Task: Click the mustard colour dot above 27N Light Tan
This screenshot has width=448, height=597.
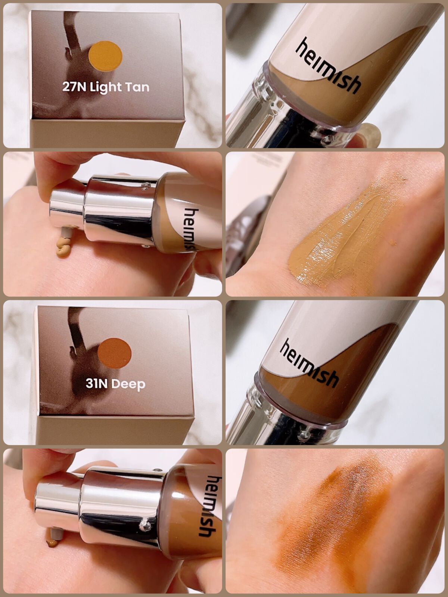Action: pos(105,56)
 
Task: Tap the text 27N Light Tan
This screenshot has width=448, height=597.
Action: pos(106,87)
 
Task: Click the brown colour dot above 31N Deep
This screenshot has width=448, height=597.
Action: pos(115,354)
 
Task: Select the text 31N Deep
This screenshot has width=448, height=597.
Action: pos(115,384)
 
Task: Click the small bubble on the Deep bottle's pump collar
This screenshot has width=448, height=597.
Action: pos(144,523)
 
